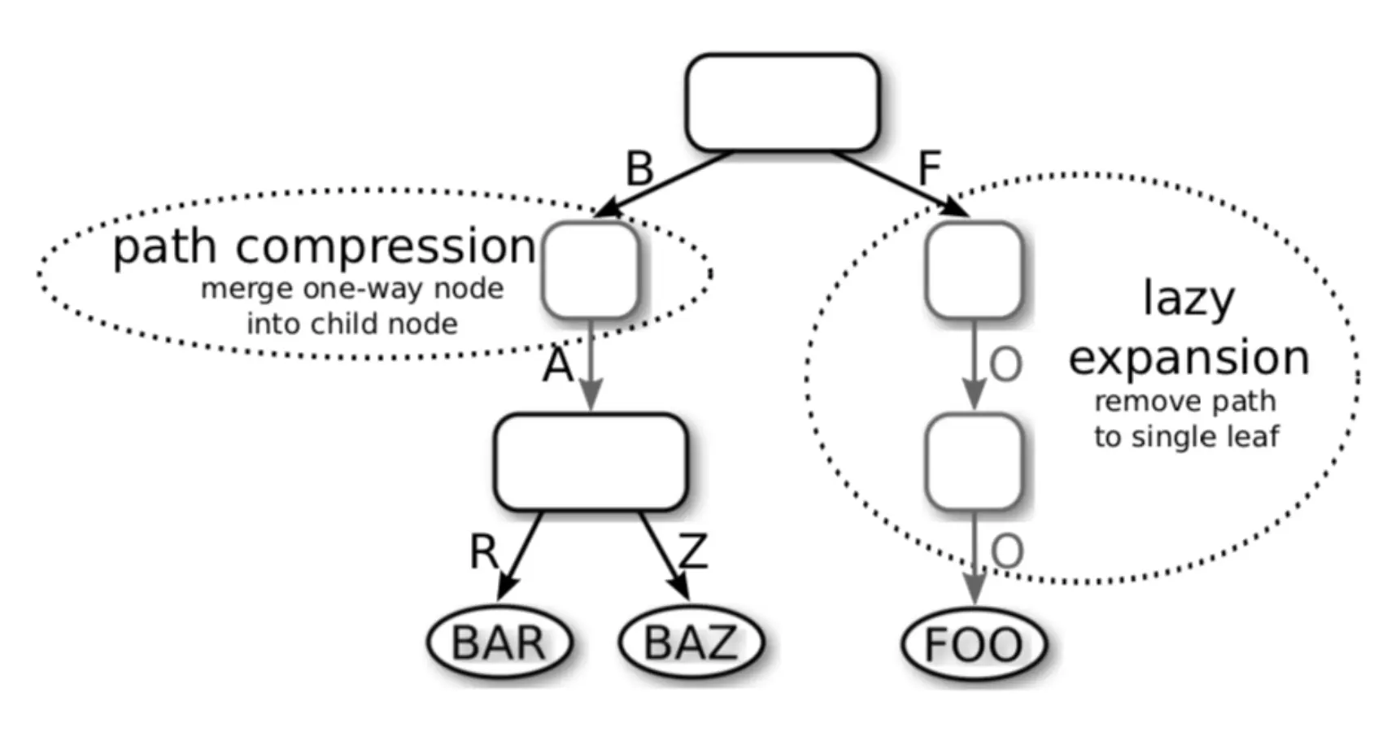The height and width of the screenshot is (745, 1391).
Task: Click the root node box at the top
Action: pos(782,102)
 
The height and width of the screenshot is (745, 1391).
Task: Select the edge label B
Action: pos(639,169)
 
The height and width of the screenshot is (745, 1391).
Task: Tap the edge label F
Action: pos(929,169)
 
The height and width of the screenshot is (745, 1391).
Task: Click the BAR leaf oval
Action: pos(499,643)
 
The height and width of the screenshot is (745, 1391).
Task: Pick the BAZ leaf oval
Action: pos(691,643)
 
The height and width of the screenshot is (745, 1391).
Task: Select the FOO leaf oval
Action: pos(974,644)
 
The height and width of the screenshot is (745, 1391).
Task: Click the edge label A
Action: pos(558,366)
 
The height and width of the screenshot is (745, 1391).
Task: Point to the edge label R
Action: pos(484,551)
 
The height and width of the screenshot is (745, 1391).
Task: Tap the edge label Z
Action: pos(693,551)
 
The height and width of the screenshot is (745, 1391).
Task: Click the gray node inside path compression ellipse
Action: pos(591,270)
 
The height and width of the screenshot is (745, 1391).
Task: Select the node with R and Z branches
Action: pos(591,462)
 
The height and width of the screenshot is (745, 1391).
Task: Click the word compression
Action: pos(386,247)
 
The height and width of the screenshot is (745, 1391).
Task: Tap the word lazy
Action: pos(1188,299)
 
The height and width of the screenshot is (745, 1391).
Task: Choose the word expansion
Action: pos(1188,358)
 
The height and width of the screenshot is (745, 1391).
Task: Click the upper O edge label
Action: pos(1005,365)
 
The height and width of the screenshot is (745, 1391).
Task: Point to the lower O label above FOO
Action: pos(1007,552)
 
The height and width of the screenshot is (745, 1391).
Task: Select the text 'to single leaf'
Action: pos(1186,437)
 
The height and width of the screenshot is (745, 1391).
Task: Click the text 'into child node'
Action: pos(352,324)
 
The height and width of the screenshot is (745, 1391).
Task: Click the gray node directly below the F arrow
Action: pos(974,270)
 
